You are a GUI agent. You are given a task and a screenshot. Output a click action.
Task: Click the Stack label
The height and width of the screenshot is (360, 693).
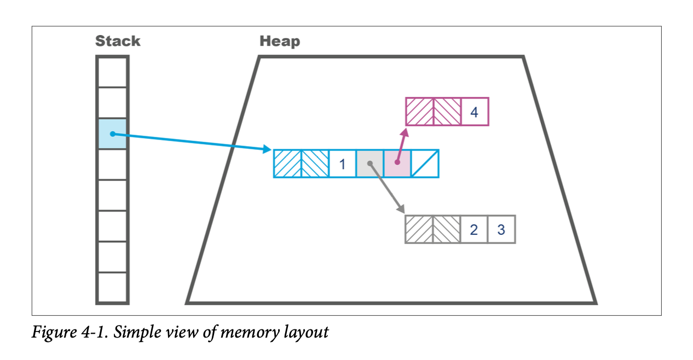pyautogui.click(x=117, y=41)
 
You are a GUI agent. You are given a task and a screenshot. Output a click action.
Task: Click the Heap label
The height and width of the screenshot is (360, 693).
pyautogui.click(x=279, y=41)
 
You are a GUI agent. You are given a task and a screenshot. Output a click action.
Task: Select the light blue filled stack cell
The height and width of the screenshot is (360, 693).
pyautogui.click(x=112, y=133)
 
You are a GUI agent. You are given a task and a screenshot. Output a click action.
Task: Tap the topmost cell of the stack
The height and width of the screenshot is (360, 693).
pyautogui.click(x=112, y=72)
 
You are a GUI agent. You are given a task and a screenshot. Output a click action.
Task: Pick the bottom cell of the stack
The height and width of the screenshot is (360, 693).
pyautogui.click(x=112, y=287)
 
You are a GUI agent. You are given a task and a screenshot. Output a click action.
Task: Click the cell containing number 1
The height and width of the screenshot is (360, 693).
pyautogui.click(x=343, y=164)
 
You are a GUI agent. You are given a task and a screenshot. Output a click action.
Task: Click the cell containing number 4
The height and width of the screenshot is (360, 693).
pyautogui.click(x=475, y=112)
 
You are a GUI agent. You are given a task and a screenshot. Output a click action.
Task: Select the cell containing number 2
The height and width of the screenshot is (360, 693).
pyautogui.click(x=473, y=229)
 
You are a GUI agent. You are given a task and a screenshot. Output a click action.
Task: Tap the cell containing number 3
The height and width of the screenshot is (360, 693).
pyautogui.click(x=501, y=229)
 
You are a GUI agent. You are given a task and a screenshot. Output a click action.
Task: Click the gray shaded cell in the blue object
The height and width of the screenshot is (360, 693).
pyautogui.click(x=370, y=164)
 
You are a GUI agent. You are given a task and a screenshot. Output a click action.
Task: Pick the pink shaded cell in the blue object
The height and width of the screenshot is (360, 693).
pyautogui.click(x=397, y=164)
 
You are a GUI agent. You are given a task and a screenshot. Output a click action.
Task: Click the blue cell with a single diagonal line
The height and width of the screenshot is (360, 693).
pyautogui.click(x=425, y=164)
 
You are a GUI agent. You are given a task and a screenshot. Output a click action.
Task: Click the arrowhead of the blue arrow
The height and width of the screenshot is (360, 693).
pyautogui.click(x=268, y=149)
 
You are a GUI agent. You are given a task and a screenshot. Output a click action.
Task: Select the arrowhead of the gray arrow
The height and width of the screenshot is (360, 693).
pyautogui.click(x=401, y=210)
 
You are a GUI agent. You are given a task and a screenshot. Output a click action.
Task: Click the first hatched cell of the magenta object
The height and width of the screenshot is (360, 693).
pyautogui.click(x=419, y=112)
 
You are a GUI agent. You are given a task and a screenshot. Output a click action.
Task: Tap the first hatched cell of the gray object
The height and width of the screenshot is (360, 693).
pyautogui.click(x=419, y=229)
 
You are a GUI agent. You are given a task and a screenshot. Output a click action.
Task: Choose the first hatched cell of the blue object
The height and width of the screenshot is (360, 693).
pyautogui.click(x=287, y=164)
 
